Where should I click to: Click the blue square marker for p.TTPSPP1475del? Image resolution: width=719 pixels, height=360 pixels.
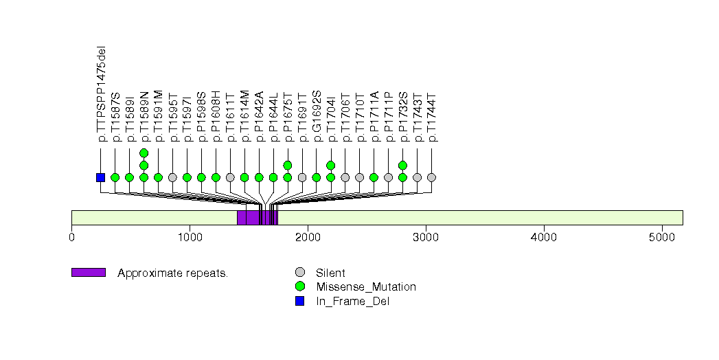click(x=100, y=177)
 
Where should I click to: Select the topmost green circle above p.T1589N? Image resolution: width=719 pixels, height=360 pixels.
click(x=144, y=153)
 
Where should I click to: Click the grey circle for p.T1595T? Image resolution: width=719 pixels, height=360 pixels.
click(x=172, y=177)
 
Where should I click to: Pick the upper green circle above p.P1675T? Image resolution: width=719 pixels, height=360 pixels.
click(x=288, y=165)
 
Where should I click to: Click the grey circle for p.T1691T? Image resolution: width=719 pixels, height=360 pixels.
click(x=302, y=177)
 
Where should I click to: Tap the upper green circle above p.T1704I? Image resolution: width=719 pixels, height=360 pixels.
click(x=331, y=165)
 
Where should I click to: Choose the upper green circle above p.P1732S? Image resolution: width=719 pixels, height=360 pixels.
click(x=402, y=165)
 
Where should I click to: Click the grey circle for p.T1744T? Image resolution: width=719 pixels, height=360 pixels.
click(x=431, y=177)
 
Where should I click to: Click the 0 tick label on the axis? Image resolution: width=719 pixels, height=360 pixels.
click(x=71, y=237)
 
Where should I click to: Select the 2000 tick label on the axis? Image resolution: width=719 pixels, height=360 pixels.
click(x=308, y=237)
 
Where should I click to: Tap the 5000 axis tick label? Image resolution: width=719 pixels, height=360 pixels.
click(x=662, y=237)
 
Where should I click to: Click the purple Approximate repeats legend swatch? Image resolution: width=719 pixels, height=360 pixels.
click(x=88, y=273)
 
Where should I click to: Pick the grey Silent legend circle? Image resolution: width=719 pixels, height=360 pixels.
click(x=299, y=273)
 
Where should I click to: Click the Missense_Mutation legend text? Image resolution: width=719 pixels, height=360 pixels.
click(x=366, y=286)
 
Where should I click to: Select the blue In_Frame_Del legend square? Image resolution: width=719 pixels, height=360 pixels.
click(x=299, y=300)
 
